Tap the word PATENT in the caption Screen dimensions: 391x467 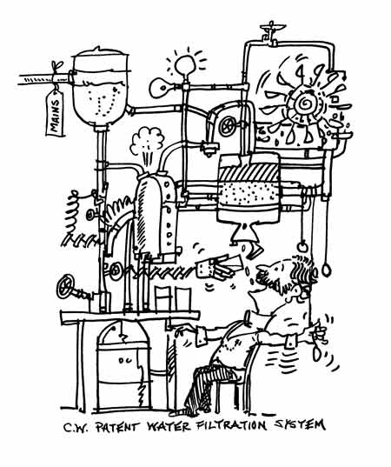117,427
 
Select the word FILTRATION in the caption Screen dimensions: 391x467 232,425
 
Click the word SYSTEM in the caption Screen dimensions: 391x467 300,424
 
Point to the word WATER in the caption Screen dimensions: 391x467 169,426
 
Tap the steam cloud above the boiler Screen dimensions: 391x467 147,141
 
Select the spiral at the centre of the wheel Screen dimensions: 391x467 304,103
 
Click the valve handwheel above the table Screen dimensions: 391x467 65,286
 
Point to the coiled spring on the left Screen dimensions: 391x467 72,213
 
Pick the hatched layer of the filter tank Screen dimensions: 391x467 249,172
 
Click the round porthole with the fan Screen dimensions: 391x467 227,126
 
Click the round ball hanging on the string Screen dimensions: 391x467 302,247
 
